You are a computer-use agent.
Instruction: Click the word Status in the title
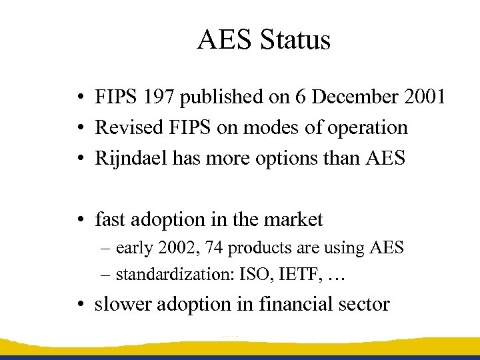295,40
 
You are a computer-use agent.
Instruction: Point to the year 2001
425,97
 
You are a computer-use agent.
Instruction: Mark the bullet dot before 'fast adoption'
79,219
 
